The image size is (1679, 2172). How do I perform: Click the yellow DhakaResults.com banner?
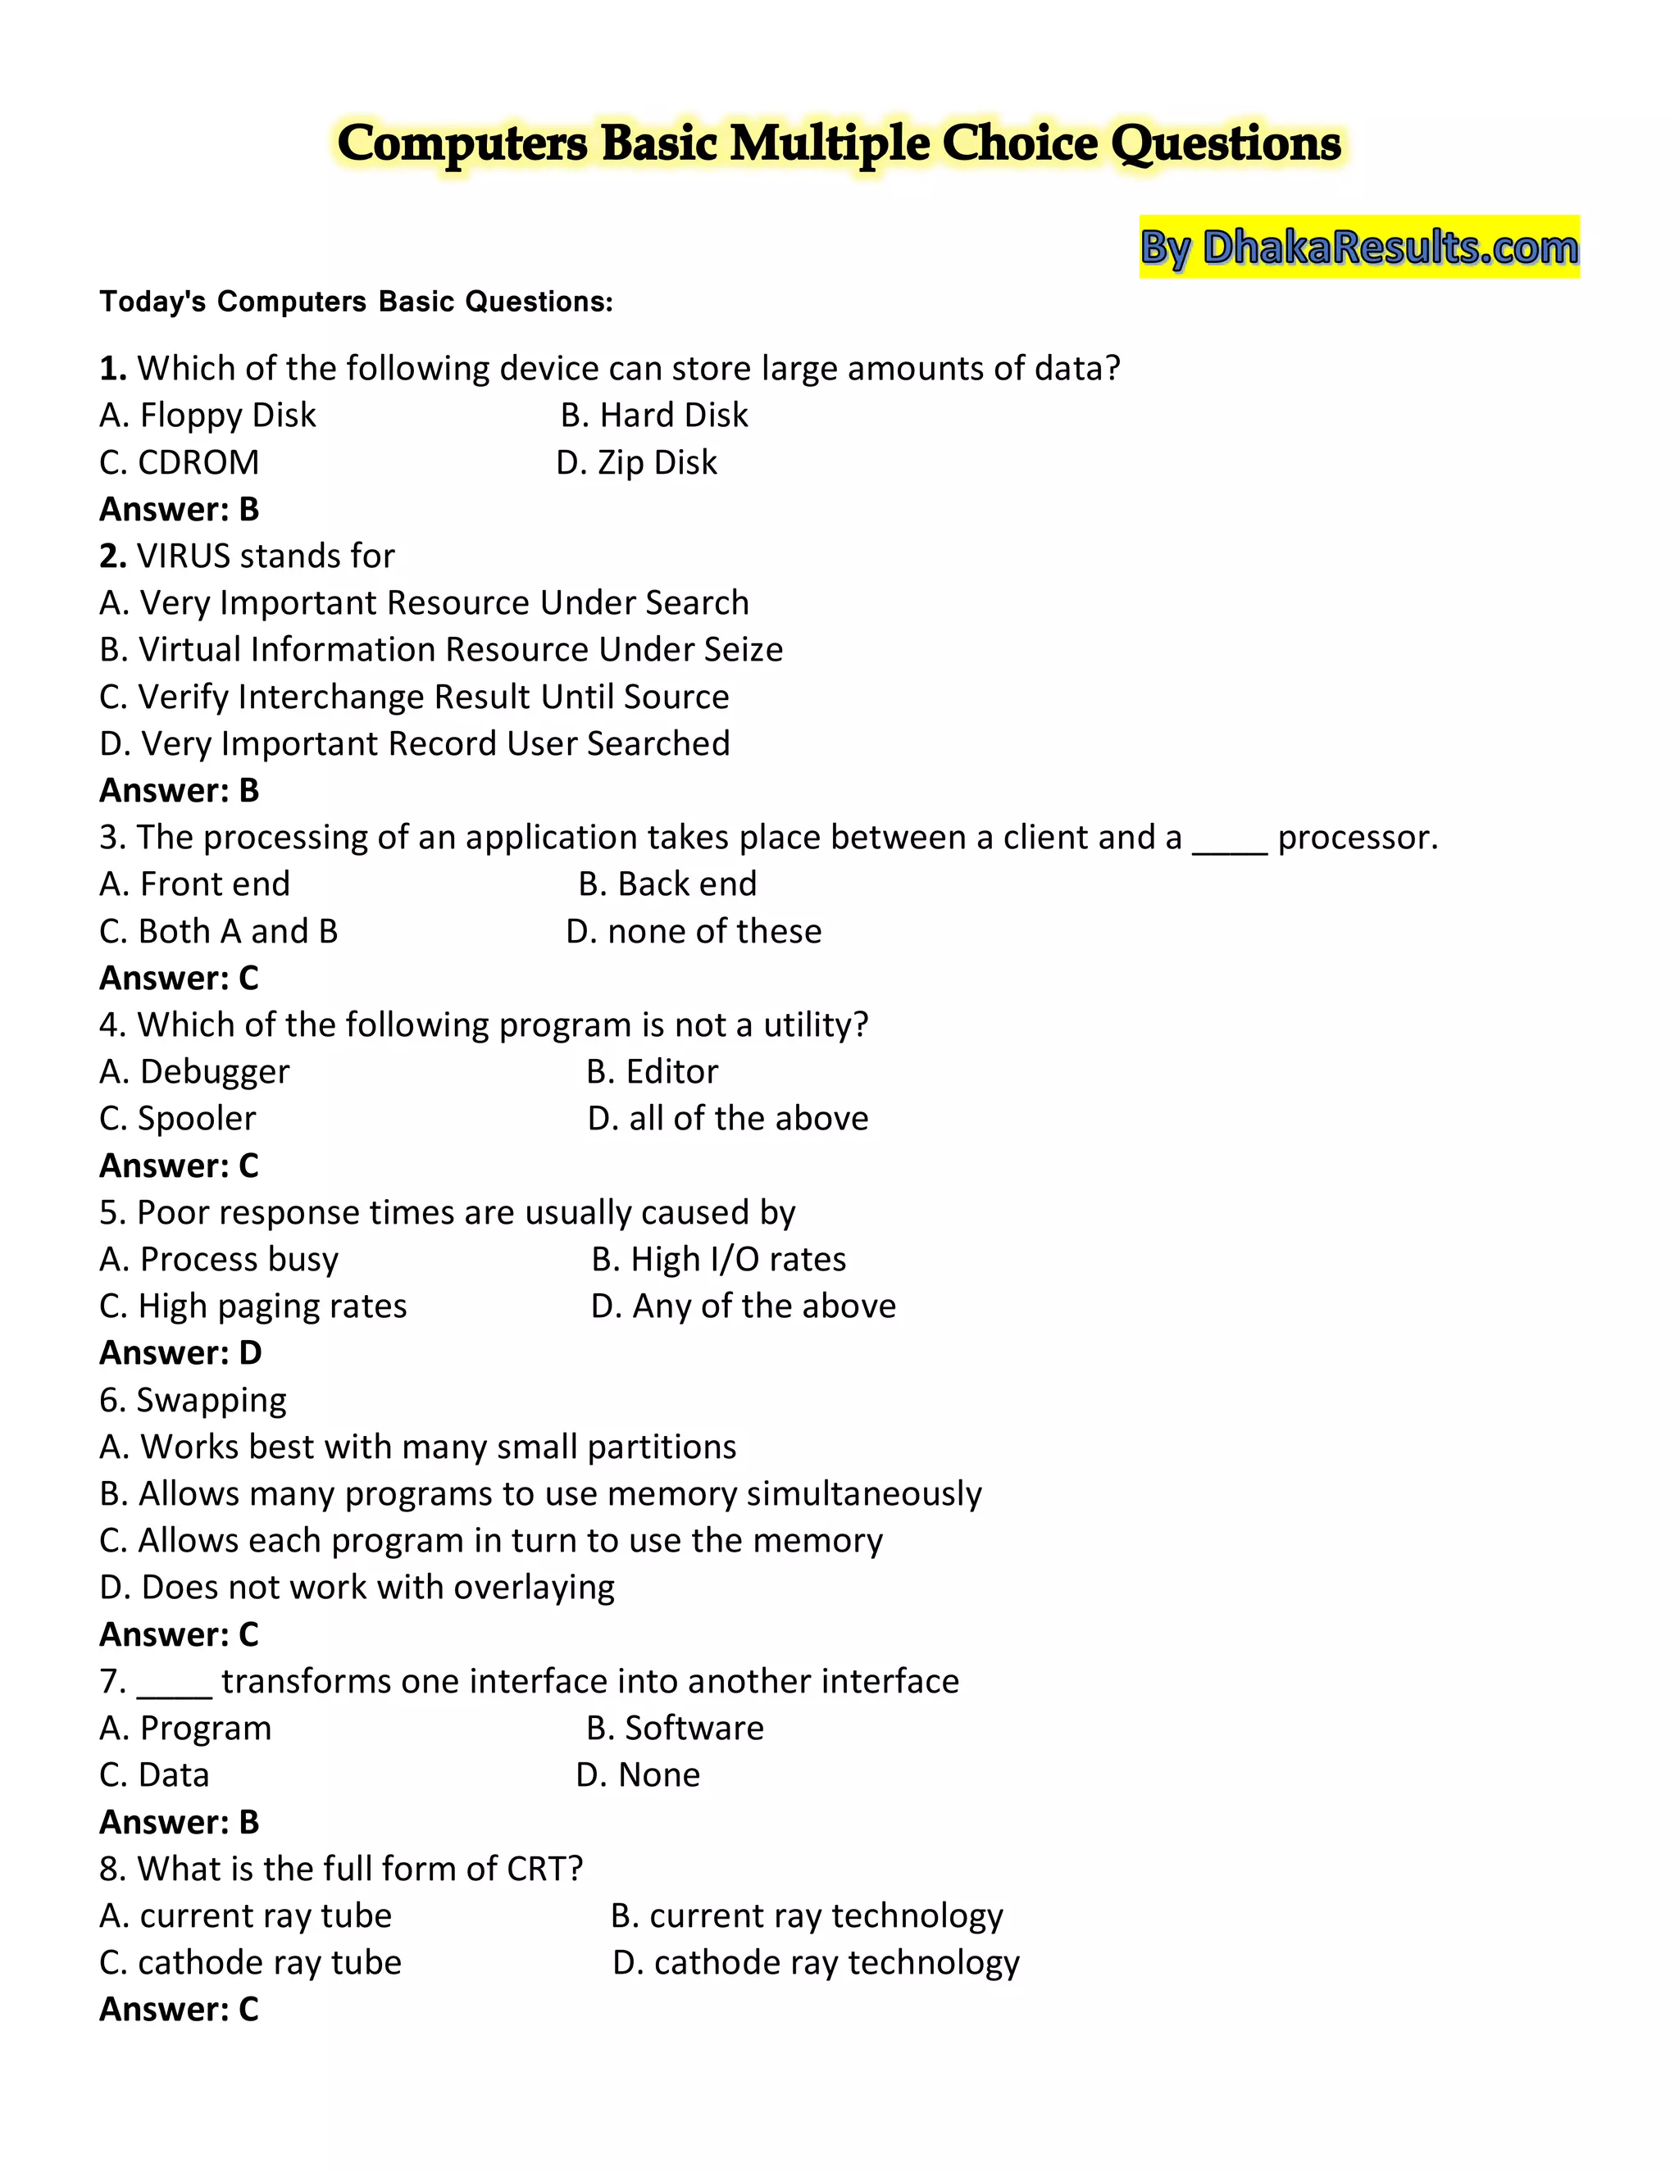coord(1358,247)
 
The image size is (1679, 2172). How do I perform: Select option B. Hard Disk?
coord(653,415)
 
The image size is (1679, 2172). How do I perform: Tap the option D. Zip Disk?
coord(636,462)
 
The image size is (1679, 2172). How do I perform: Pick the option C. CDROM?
coord(179,462)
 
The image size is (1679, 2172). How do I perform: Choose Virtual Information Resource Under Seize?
coord(440,649)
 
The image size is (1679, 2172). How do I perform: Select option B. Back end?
coord(667,884)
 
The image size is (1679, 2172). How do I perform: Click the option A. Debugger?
coord(195,1072)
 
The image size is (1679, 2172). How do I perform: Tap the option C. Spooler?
coord(178,1119)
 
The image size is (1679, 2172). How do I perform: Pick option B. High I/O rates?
coord(718,1260)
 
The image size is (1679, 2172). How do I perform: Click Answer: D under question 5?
coord(180,1353)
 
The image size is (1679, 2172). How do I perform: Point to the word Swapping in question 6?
coord(211,1400)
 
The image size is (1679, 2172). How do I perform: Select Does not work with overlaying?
coord(357,1588)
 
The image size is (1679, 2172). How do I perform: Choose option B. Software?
coord(675,1729)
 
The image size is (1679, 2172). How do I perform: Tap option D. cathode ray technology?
coord(816,1964)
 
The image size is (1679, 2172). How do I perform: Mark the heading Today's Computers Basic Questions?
coord(356,302)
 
